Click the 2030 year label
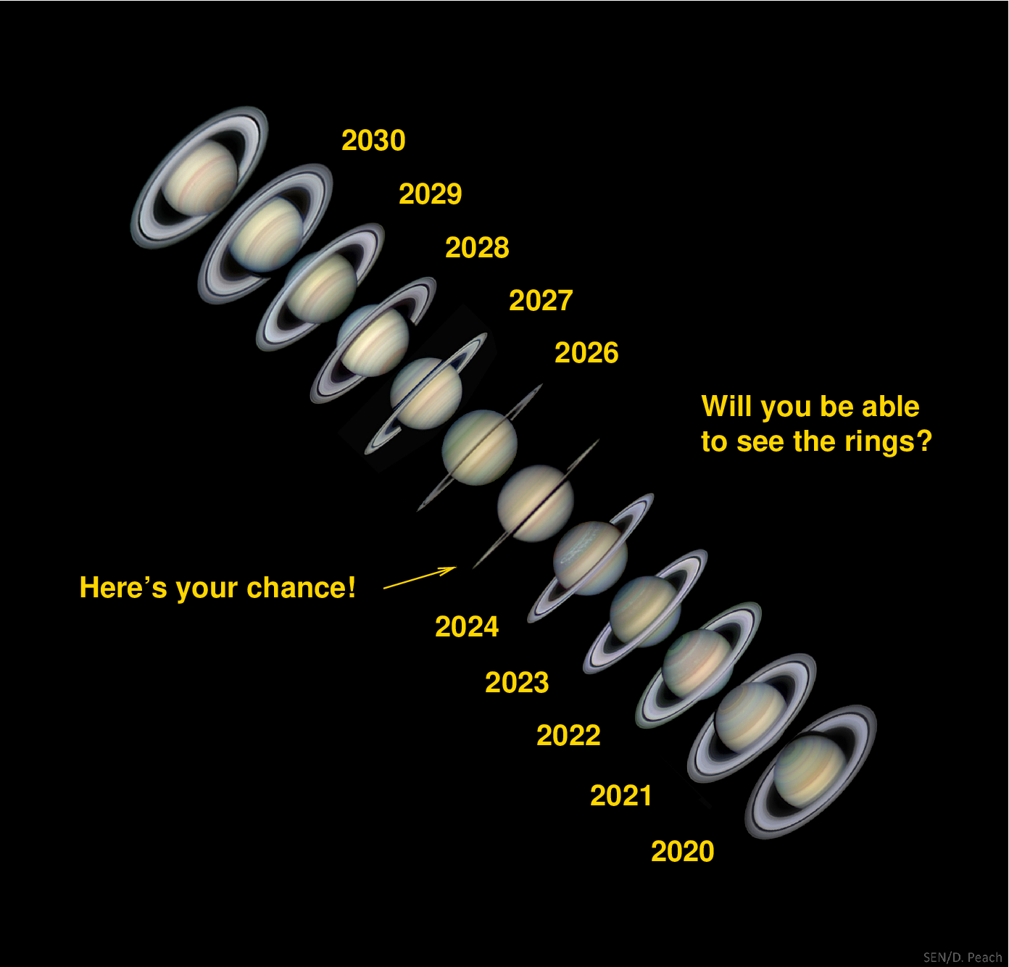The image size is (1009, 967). tap(373, 141)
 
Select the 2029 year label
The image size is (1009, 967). tap(430, 194)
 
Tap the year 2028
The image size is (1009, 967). tap(477, 247)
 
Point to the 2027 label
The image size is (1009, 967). tap(541, 301)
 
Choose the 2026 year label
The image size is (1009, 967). tap(586, 353)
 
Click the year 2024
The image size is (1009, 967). tap(467, 626)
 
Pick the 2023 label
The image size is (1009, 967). tap(517, 682)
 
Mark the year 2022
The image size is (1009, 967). tap(568, 735)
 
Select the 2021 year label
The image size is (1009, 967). tap(620, 795)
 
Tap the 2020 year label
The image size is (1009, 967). tap(682, 851)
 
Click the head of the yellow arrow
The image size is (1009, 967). tap(454, 568)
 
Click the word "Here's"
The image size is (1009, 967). tap(123, 587)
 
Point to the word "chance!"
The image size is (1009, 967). tap(302, 587)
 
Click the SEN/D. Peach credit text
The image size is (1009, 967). tap(963, 957)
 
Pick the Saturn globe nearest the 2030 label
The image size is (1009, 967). tap(199, 177)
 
